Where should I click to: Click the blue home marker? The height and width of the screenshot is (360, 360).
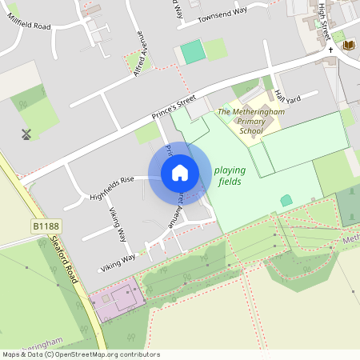pyautogui.click(x=180, y=172)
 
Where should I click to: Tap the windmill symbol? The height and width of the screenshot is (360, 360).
pyautogui.click(x=26, y=134)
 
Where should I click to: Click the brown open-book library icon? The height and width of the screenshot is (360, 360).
pyautogui.click(x=349, y=46)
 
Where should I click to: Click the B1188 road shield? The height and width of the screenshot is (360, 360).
pyautogui.click(x=46, y=228)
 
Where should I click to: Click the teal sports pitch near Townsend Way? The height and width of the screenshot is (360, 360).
pyautogui.click(x=192, y=52)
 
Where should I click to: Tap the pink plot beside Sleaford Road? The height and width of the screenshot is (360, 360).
pyautogui.click(x=115, y=302)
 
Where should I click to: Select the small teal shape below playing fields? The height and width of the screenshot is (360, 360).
pyautogui.click(x=286, y=200)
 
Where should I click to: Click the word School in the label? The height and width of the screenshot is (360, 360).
pyautogui.click(x=250, y=130)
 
